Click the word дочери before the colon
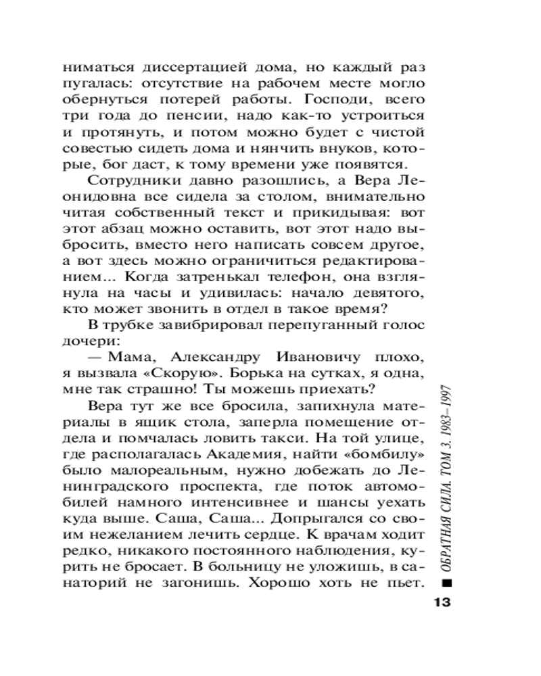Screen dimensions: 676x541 tap(86, 341)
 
